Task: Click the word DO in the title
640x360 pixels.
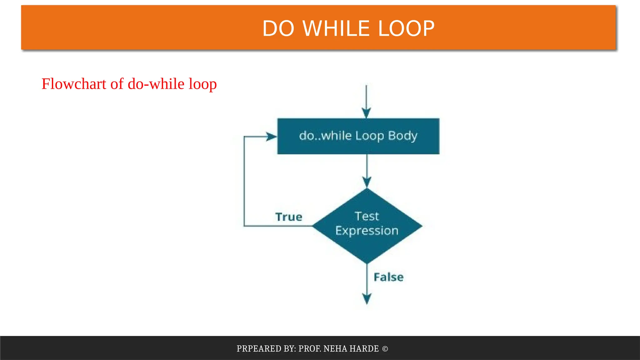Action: pos(278,28)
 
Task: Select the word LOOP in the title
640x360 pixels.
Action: pos(406,28)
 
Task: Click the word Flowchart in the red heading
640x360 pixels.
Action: pos(74,84)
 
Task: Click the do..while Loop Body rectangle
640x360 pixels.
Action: pos(358,136)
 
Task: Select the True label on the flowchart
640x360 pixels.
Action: pos(289,217)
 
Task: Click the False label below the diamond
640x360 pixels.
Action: pos(388,277)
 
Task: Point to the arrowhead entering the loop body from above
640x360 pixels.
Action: pos(366,113)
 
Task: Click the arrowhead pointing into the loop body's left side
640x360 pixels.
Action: pos(271,137)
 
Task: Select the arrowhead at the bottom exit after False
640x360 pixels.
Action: pos(367,298)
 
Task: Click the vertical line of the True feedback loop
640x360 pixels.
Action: pos(244,181)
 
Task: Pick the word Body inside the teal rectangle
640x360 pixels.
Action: pos(402,136)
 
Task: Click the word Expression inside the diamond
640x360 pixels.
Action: pos(367,231)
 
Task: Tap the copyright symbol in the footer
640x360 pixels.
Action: pos(385,348)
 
